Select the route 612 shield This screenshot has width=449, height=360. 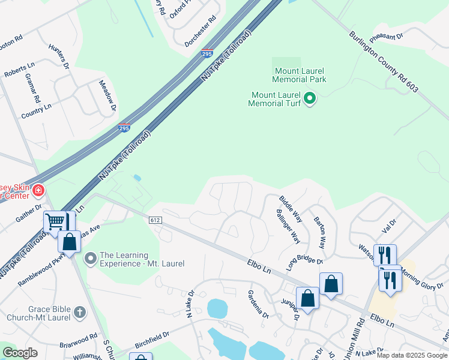pyautogui.click(x=155, y=221)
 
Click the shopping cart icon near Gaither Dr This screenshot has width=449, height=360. pyautogui.click(x=55, y=221)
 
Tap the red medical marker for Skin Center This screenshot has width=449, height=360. pyautogui.click(x=38, y=191)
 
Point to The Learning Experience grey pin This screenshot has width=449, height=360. pyautogui.click(x=91, y=259)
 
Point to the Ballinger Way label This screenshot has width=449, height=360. pyautogui.click(x=288, y=227)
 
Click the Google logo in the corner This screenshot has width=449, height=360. pyautogui.click(x=20, y=353)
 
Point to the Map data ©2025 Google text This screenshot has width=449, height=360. pyautogui.click(x=412, y=355)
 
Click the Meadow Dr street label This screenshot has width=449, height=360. pyautogui.click(x=107, y=96)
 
